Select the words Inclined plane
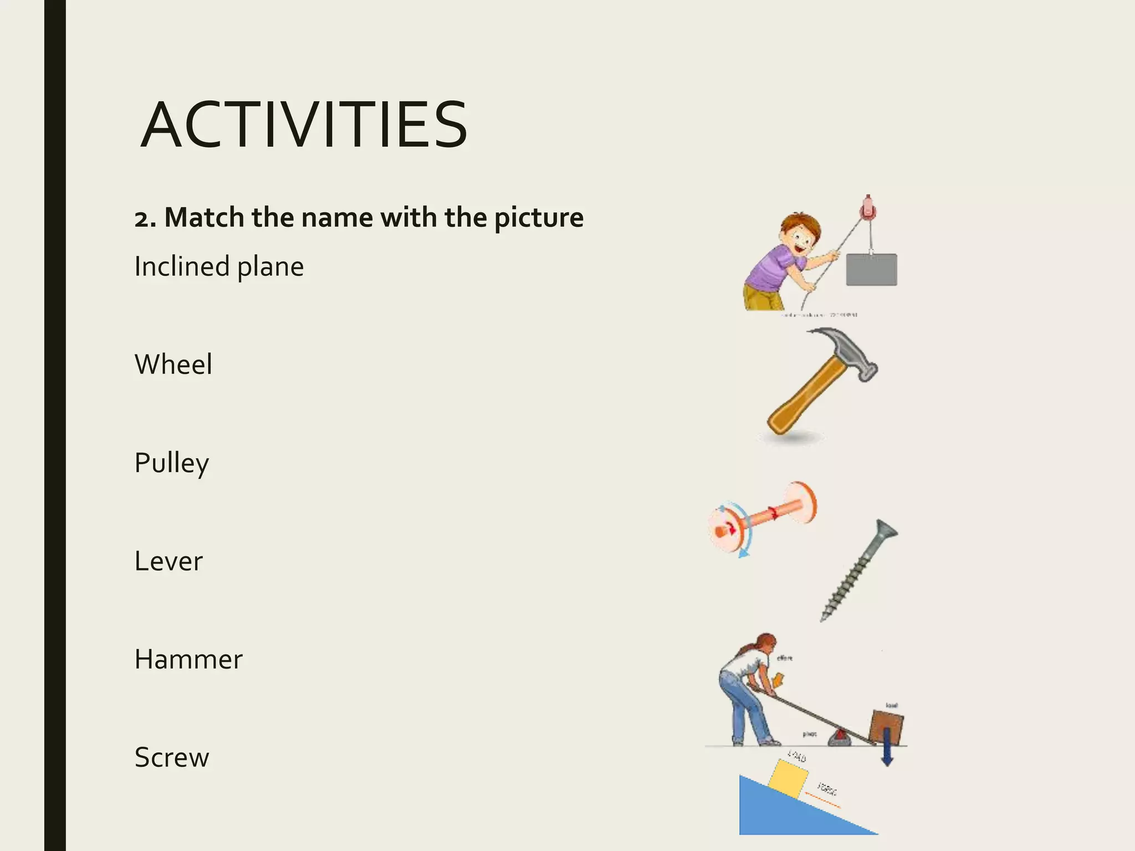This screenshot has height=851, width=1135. pos(219,266)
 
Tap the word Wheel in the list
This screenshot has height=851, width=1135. pos(173,365)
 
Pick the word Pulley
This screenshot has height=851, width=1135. pos(171,463)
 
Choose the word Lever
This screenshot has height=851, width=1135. pos(168,561)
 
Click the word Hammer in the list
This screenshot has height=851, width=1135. pos(188,659)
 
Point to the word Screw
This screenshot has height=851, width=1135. pos(172,757)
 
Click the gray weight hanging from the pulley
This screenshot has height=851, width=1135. pos(871,269)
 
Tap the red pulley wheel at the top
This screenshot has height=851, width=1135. pos(868,210)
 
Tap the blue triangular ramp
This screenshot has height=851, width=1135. pos(776,814)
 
